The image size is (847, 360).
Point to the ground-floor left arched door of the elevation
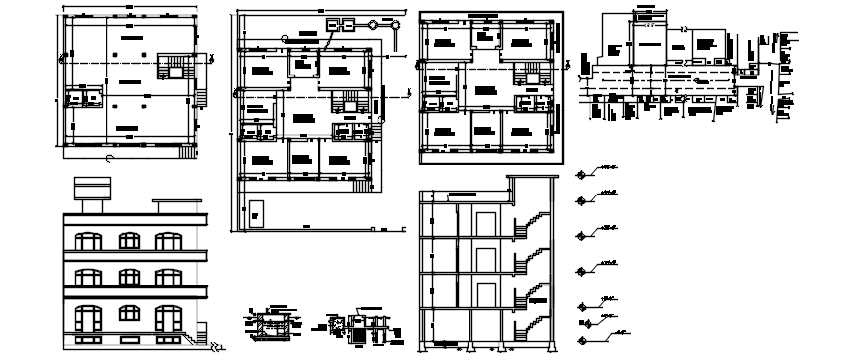pos(86,320)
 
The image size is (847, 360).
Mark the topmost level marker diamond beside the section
pos(582,174)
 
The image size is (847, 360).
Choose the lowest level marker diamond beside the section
pos(582,337)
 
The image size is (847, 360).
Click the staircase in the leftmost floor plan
pos(175,68)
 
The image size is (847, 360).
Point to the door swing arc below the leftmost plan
pos(111,157)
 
